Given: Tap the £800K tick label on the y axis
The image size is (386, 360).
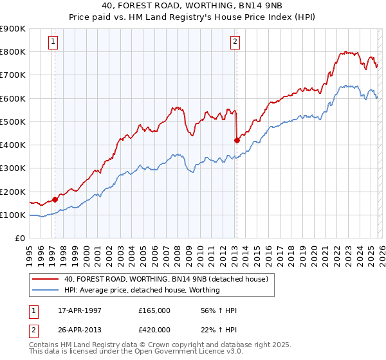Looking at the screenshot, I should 13,52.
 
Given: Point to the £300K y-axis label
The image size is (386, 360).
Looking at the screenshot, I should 13,168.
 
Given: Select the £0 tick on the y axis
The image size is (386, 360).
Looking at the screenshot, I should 19,239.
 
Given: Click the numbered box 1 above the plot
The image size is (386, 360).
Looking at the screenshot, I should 53,42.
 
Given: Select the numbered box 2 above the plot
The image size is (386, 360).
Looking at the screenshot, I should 235,42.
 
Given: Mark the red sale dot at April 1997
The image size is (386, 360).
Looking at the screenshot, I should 55,199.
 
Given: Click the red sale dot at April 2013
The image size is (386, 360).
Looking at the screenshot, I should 237,140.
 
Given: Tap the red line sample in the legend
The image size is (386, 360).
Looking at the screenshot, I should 46,279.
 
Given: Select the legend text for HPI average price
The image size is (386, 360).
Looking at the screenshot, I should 142,290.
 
